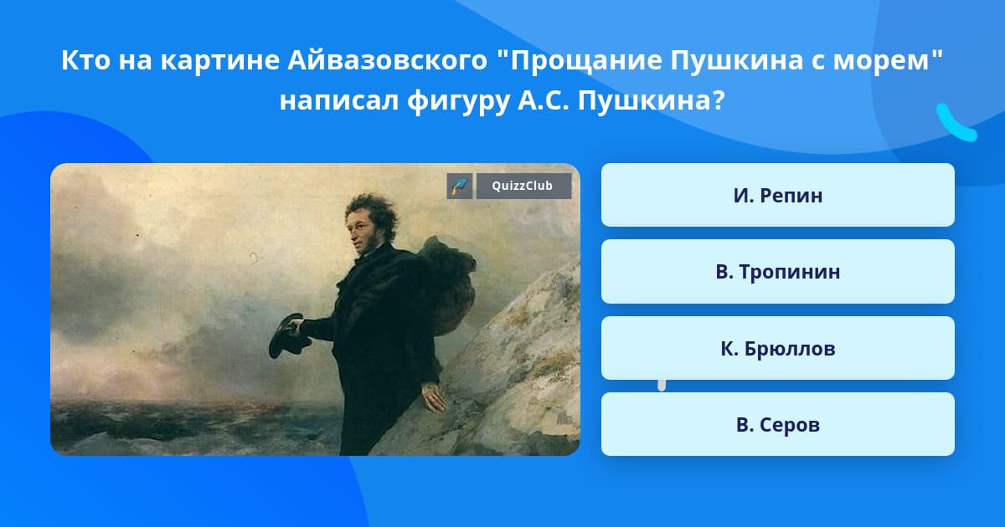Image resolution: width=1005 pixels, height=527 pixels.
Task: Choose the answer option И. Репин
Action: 777,195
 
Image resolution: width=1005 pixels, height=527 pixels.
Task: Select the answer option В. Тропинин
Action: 777,272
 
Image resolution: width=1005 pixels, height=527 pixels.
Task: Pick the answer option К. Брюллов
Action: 777,348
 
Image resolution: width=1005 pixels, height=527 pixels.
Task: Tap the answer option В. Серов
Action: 777,424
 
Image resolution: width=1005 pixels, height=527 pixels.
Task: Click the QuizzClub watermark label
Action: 523,186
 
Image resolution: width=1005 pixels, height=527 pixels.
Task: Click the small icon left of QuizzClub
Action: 459,186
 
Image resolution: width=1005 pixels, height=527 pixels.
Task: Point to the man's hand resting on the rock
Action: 432,397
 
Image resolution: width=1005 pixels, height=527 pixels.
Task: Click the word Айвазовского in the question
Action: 387,60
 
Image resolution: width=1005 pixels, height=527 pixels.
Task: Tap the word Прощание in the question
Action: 586,61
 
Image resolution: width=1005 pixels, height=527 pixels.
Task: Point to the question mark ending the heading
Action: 719,100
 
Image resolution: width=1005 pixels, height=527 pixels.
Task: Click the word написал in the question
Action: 339,101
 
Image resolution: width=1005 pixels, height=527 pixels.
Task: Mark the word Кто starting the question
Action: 85,60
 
